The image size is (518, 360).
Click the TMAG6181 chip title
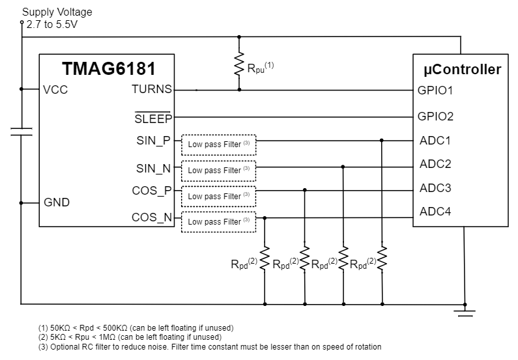coord(108,68)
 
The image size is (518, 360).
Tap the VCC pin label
coord(55,90)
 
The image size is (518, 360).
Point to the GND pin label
coord(57,202)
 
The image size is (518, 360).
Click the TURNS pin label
coord(152,90)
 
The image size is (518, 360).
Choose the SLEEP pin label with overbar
coord(152,118)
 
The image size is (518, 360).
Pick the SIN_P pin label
coord(153,140)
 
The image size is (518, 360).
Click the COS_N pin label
coord(152,217)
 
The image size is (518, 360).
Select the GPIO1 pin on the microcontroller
coord(435,90)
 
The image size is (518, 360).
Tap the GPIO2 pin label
coord(435,117)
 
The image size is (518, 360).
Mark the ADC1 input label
coord(435,140)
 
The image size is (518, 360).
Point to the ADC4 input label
coord(435,212)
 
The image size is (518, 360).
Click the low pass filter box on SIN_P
coord(218,144)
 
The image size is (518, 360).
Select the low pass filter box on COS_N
coord(218,222)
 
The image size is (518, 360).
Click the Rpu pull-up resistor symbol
coord(239,66)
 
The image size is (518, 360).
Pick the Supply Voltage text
coord(57,12)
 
